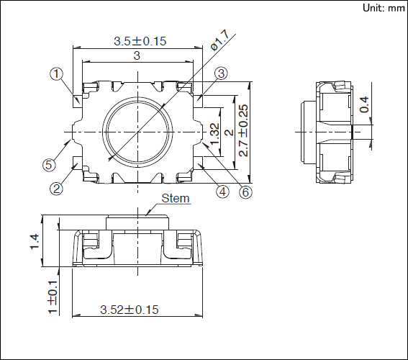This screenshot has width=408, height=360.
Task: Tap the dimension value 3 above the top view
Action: [x=136, y=56]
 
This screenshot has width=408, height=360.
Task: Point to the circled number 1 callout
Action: [x=57, y=73]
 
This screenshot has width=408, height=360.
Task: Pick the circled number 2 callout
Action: [x=57, y=190]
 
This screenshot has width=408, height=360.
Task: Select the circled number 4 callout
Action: [x=222, y=192]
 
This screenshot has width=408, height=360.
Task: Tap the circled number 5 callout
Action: [x=49, y=165]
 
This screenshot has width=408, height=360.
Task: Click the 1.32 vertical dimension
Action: [x=213, y=131]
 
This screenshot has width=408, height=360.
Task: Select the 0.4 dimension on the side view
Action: [x=365, y=104]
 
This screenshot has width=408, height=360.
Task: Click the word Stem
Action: [x=176, y=198]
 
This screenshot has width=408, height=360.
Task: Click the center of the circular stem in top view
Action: [x=137, y=131]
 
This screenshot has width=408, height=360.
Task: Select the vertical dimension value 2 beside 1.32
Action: [x=227, y=131]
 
